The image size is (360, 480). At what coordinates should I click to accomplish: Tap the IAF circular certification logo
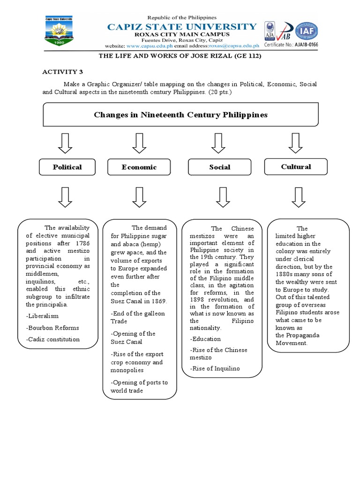[x=306, y=31]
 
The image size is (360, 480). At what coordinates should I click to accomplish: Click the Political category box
[x=67, y=167]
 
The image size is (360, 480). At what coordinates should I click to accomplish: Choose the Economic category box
[x=139, y=167]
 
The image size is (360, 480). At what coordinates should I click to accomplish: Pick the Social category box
[x=220, y=167]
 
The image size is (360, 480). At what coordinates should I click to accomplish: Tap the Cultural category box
[x=296, y=166]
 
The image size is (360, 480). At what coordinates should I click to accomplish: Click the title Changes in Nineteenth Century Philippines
[x=180, y=115]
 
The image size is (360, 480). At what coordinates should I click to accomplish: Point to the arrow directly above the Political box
[x=65, y=143]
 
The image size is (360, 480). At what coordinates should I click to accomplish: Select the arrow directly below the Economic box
[x=139, y=197]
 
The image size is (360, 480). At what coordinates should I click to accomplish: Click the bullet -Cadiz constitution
[x=53, y=339]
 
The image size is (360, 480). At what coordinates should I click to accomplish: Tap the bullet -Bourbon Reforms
[x=52, y=328]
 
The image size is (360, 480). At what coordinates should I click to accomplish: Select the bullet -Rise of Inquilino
[x=215, y=368]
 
